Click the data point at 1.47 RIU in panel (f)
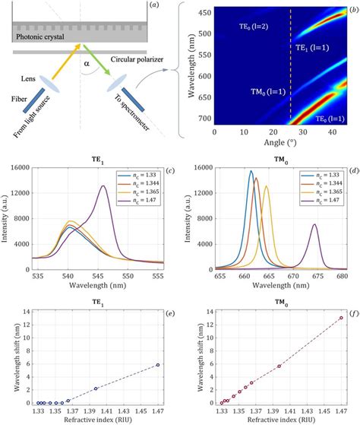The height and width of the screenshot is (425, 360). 342,318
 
